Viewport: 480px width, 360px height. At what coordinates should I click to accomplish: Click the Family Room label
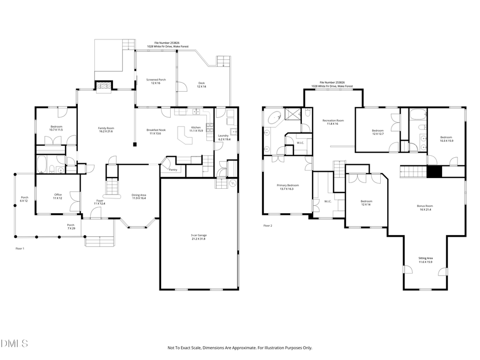(106, 130)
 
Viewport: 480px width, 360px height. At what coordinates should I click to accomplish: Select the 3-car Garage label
(199, 236)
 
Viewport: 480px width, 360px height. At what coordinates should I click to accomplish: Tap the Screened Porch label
(156, 82)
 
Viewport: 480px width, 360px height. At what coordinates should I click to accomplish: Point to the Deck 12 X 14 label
(201, 84)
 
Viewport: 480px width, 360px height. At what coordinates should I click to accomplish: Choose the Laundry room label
(223, 137)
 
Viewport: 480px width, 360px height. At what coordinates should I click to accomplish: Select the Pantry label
(173, 170)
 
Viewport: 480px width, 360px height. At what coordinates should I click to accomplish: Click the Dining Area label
(139, 197)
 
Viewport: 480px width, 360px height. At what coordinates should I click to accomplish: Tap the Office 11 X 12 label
(58, 196)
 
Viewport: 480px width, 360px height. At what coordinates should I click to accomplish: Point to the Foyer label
(100, 202)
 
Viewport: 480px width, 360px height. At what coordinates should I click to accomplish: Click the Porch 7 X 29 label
(70, 226)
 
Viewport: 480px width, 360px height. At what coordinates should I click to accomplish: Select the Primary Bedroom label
(288, 187)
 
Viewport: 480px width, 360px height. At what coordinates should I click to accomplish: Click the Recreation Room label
(333, 122)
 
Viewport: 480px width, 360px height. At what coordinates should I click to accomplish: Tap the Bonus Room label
(425, 207)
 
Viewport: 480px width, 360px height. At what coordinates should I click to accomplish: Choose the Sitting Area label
(425, 260)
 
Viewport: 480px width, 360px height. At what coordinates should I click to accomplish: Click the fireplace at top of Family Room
(103, 85)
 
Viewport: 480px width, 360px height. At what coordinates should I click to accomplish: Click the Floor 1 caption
(20, 249)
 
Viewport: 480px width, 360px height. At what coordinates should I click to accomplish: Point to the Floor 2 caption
(268, 226)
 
